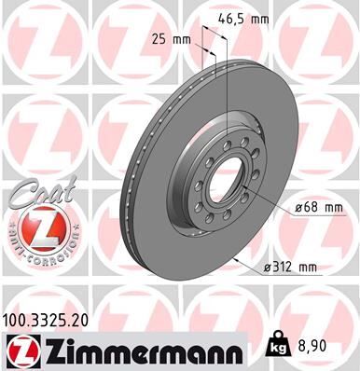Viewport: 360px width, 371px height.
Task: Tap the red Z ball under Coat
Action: [x=36, y=227]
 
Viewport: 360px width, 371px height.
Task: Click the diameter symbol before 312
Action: [x=267, y=268]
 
